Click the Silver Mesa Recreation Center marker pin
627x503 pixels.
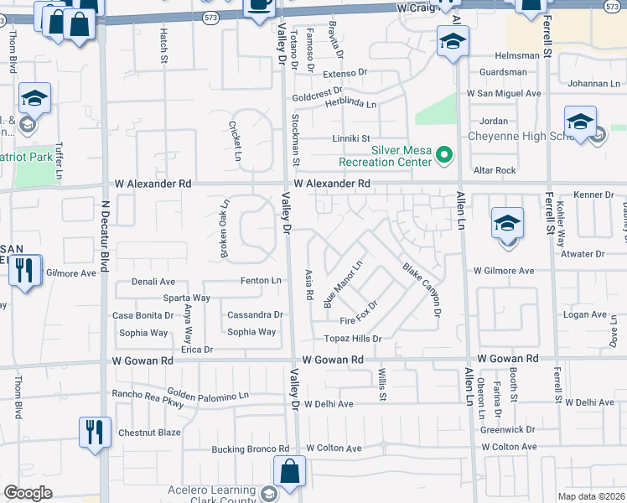[445, 155]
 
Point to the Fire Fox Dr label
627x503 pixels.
[360, 320]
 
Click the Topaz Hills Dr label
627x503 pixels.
[353, 339]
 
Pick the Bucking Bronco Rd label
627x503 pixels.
[250, 449]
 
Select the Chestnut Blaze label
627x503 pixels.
[149, 433]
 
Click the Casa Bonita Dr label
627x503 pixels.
[142, 315]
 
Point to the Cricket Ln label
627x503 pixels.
[236, 141]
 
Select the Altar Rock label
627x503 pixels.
[495, 170]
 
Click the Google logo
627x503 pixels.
[28, 493]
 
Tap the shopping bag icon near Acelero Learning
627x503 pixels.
[289, 472]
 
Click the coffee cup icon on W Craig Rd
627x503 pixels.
[258, 5]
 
